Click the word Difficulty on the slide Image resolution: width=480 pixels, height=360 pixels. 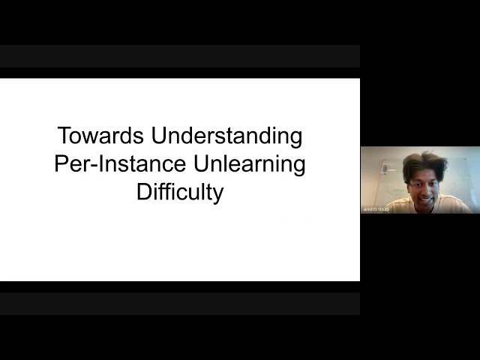180,192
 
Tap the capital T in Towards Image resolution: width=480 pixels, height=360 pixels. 64,136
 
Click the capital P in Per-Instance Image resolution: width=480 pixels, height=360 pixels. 61,164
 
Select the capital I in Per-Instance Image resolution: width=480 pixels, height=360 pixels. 97,164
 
